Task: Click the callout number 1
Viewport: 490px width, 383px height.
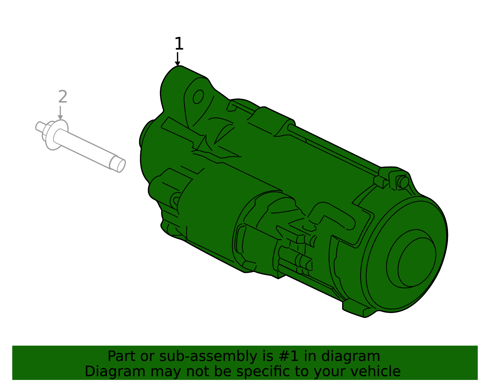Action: [x=179, y=44]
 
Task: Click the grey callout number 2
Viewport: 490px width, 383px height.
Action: [x=62, y=97]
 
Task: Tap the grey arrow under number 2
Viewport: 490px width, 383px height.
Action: [x=60, y=113]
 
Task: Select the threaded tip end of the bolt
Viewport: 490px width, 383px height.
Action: [x=118, y=164]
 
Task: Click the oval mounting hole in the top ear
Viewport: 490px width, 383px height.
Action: [x=198, y=97]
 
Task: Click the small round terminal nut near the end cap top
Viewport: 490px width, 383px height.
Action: [x=403, y=182]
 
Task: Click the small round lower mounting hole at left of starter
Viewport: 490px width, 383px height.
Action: [x=176, y=201]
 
